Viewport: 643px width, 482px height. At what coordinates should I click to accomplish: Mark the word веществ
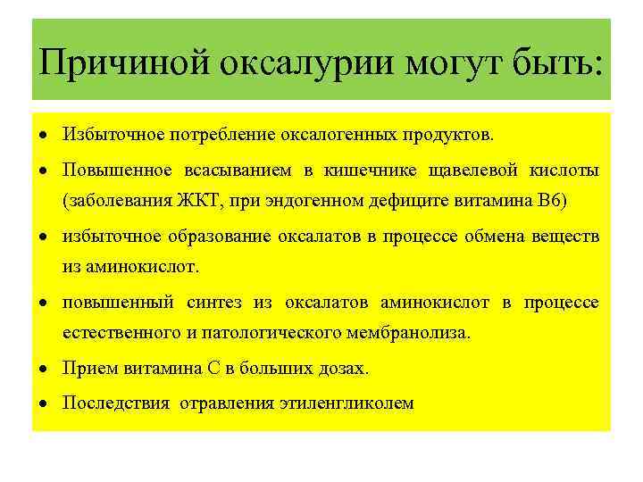(567, 236)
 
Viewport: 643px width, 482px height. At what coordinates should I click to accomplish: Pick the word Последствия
(115, 403)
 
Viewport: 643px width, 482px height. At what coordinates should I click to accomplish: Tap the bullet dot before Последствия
(44, 403)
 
